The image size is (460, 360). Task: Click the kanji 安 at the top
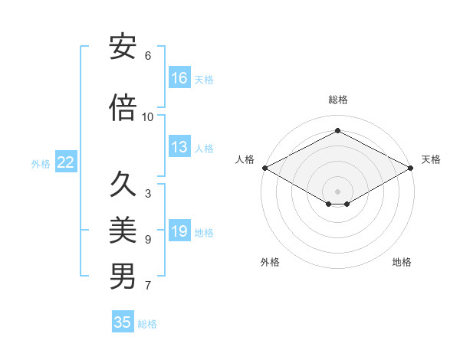[123, 47]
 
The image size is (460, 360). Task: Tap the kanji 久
[123, 185]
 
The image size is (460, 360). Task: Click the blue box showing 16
[179, 78]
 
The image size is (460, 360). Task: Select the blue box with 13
[179, 147]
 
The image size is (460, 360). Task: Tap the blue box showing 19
[179, 231]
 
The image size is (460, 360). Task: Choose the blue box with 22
[65, 162]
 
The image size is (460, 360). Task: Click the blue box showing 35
[123, 322]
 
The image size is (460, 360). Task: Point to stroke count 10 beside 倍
[148, 116]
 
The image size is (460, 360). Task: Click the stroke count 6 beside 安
[148, 56]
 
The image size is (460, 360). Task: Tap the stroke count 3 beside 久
[148, 194]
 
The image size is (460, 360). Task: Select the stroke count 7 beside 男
[148, 286]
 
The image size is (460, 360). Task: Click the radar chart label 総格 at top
[337, 100]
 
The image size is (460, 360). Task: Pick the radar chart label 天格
[431, 159]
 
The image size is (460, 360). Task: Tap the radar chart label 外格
[270, 262]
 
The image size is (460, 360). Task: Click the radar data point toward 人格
[264, 167]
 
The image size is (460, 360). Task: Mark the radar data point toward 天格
[411, 167]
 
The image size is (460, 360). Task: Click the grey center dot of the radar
[337, 190]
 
